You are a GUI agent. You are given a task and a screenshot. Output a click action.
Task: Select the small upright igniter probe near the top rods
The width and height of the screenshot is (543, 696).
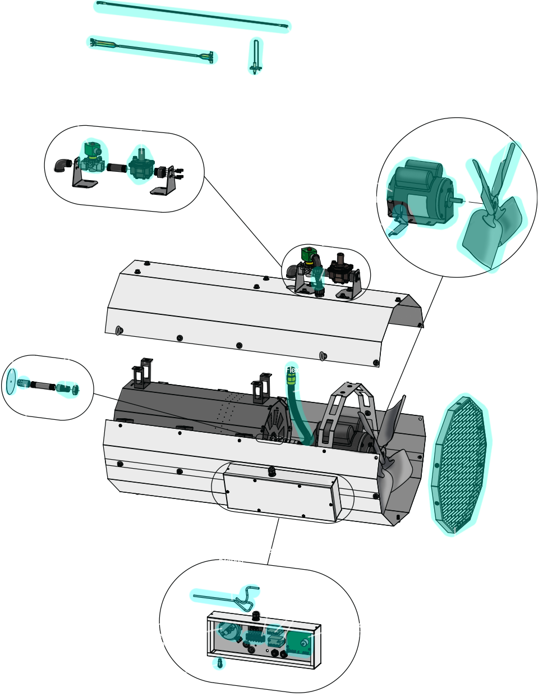[256, 56]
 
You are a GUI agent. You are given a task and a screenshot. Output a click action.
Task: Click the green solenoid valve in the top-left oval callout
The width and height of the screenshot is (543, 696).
[93, 150]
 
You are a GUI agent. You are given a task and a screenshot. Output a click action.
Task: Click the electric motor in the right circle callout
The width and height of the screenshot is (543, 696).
[418, 194]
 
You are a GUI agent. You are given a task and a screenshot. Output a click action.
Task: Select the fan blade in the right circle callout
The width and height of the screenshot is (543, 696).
[491, 213]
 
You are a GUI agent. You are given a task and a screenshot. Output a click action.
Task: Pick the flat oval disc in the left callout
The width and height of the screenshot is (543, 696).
[10, 381]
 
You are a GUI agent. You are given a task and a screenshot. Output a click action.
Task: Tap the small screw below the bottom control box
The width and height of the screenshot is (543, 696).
[220, 664]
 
